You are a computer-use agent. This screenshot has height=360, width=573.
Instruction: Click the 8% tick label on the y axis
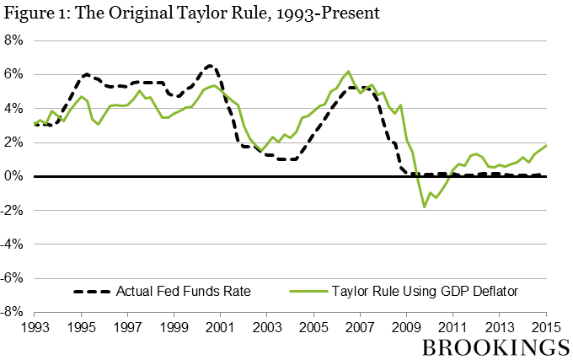(14, 40)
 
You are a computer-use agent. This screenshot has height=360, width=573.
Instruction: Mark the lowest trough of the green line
(425, 207)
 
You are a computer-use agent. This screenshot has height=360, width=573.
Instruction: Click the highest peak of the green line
(348, 72)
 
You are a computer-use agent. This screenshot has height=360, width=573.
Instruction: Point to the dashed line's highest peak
(210, 65)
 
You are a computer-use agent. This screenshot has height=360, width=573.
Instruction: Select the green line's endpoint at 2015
(545, 145)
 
